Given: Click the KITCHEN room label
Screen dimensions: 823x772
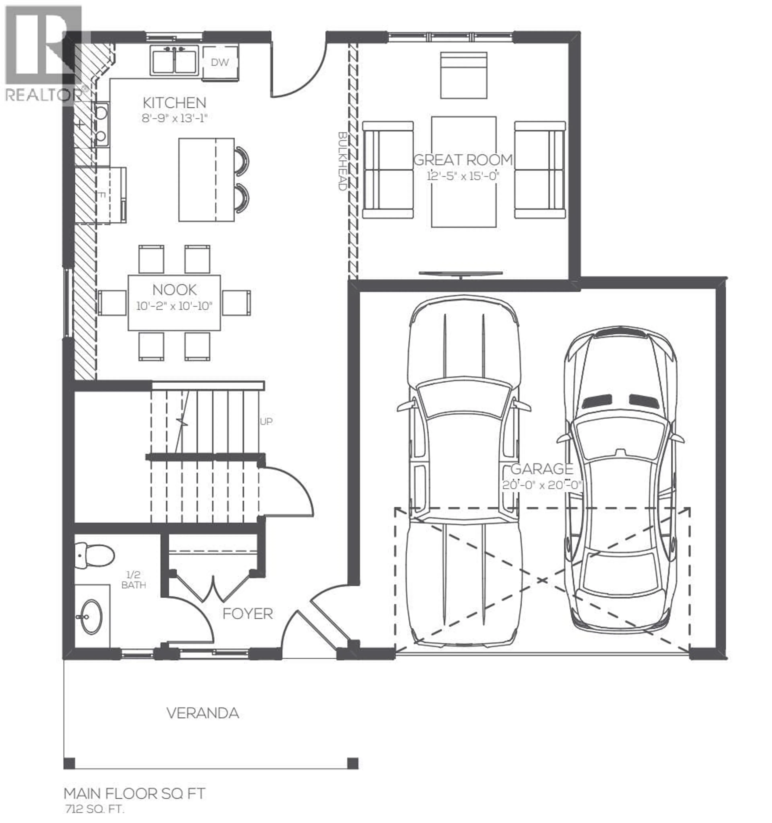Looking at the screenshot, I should pyautogui.click(x=174, y=103).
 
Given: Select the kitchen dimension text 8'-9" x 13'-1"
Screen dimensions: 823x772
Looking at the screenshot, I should pyautogui.click(x=174, y=118).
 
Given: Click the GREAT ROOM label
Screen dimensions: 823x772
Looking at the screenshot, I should pyautogui.click(x=463, y=160).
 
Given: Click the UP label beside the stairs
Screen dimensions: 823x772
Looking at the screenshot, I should pyautogui.click(x=266, y=421).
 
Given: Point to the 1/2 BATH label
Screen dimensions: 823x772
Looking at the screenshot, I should pyautogui.click(x=133, y=579).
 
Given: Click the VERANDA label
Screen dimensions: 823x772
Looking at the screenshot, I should pyautogui.click(x=203, y=713).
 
